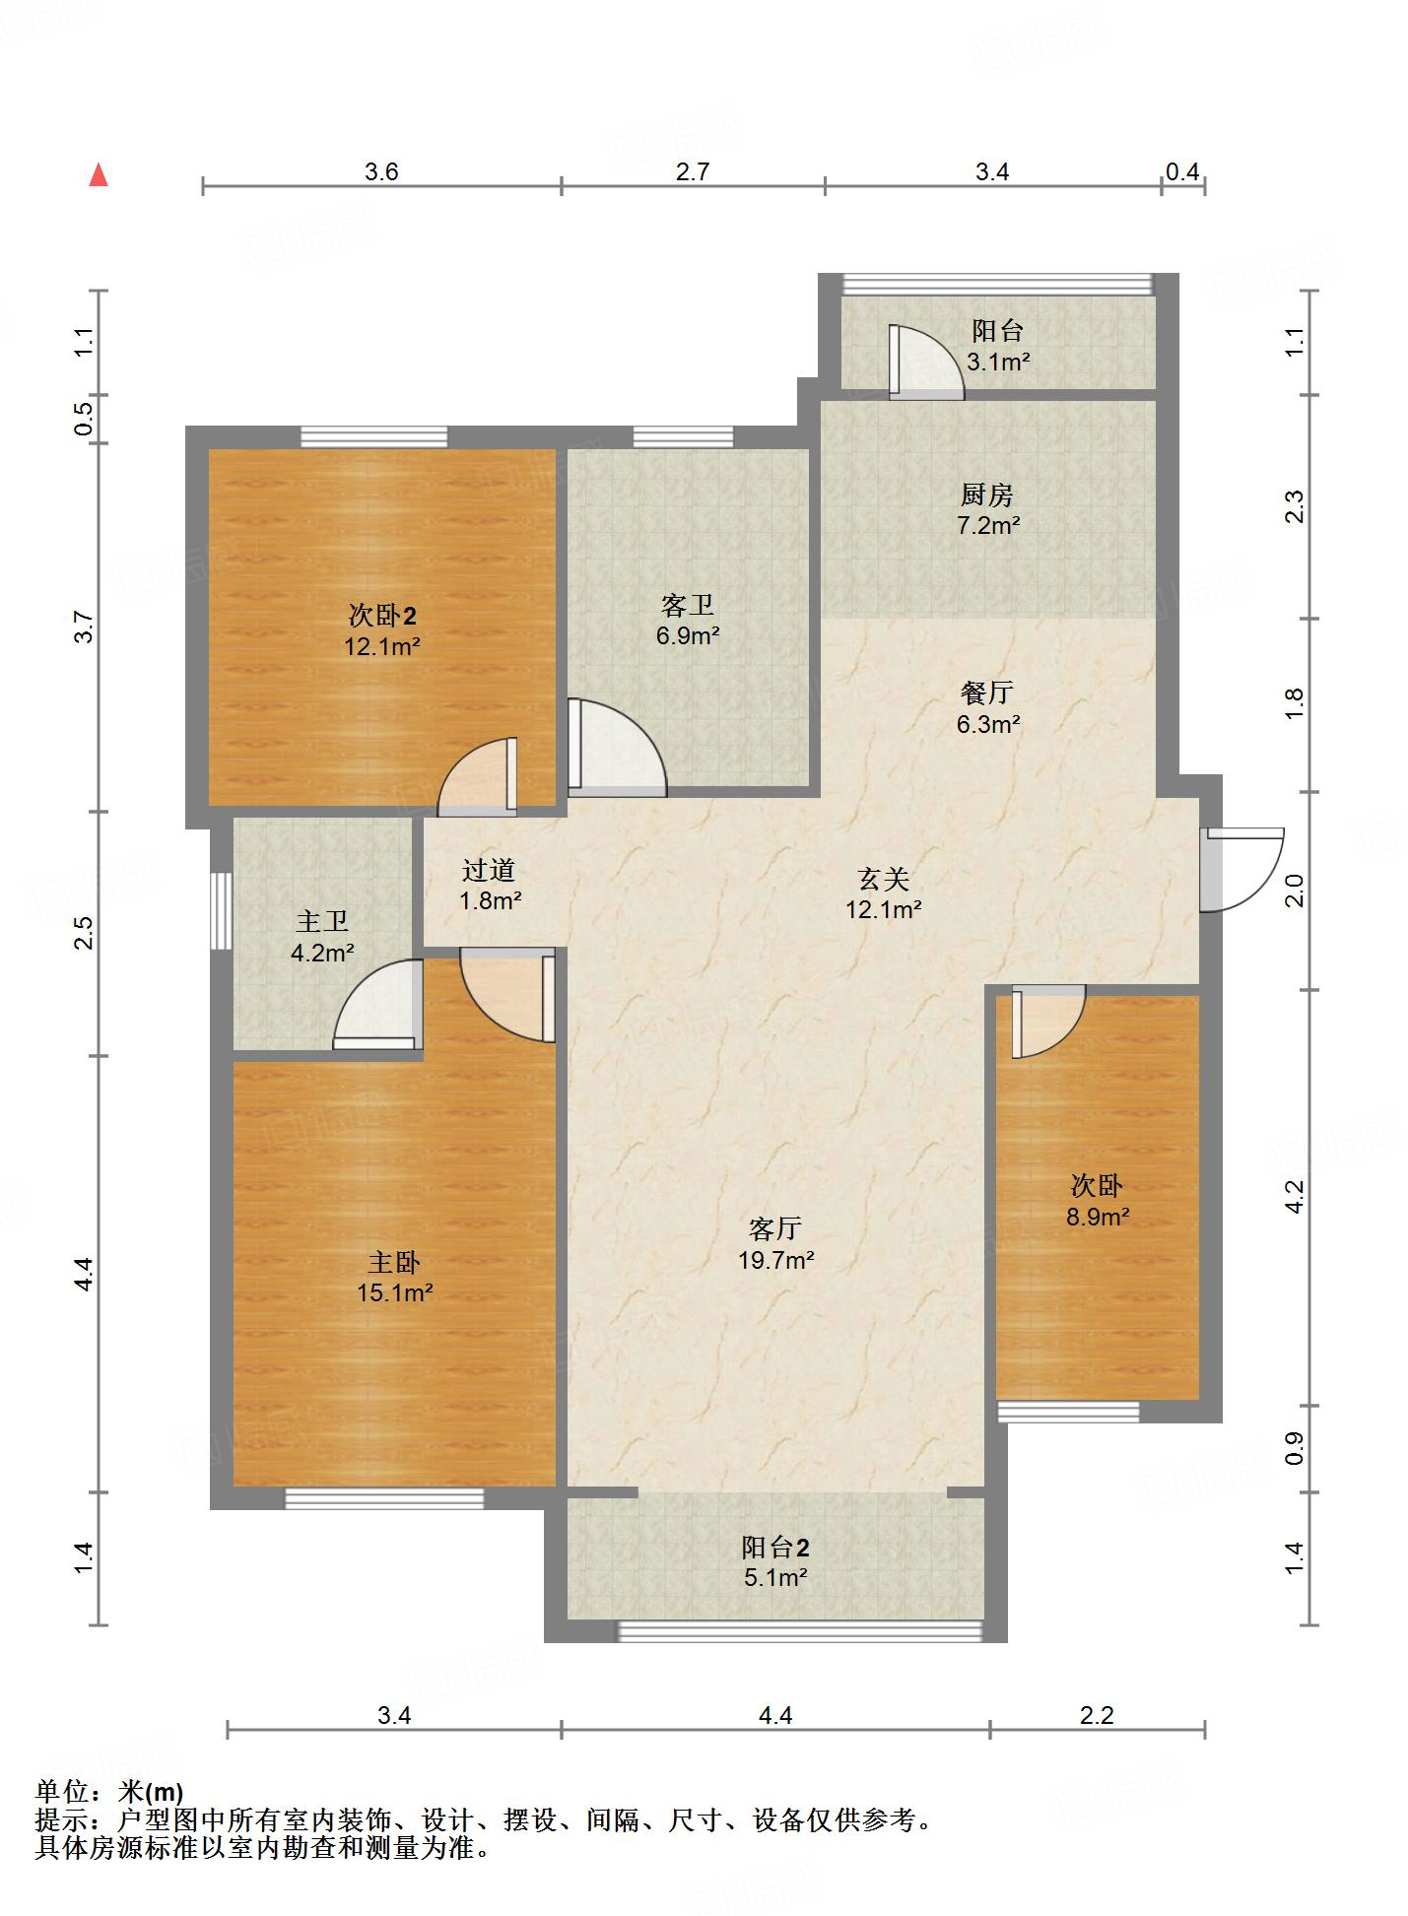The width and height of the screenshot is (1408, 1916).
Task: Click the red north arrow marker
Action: coord(99,175)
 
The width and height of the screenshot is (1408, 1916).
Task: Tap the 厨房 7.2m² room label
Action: coord(987,509)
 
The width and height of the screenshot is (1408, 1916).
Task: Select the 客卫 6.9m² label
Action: coord(688,620)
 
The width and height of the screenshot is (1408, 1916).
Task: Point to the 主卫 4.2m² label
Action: coord(322,937)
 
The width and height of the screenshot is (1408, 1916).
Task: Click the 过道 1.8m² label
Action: coord(490,885)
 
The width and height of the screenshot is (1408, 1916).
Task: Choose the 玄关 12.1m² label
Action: coord(883,893)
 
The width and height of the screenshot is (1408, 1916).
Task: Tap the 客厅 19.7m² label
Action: coord(775,1243)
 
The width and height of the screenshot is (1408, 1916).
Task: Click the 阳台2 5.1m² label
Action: coord(775,1561)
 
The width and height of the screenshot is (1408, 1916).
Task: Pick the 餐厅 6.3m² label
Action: coord(987,708)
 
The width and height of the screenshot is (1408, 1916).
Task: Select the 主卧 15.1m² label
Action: coord(394,1277)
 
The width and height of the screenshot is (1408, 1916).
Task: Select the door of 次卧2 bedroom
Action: coord(478,776)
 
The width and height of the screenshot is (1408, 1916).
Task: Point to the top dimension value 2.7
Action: coord(693,171)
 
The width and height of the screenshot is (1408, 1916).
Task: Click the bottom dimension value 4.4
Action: coord(775,1715)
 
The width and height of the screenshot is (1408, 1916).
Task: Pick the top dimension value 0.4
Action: coord(1182,171)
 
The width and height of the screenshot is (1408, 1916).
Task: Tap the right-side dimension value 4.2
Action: coord(1295,1196)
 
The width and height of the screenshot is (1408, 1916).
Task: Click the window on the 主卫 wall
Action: coord(222,910)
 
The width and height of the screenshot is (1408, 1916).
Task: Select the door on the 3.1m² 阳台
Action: coord(926,362)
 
